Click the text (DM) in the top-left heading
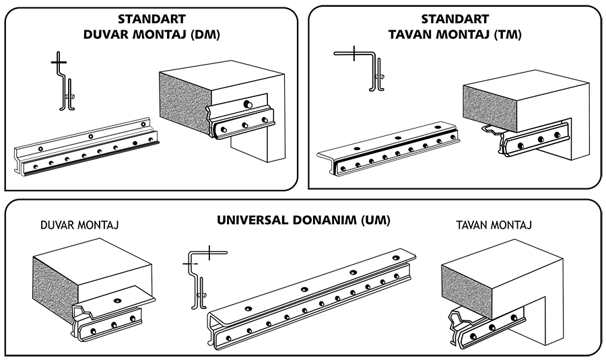click(205, 34)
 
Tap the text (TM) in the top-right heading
click(508, 34)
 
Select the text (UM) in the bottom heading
click(375, 220)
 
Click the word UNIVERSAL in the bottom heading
click(252, 220)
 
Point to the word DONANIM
click(325, 220)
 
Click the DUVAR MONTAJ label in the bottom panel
click(79, 225)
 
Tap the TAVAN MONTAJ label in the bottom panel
click(494, 225)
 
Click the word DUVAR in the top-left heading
click(106, 34)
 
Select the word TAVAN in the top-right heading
click(411, 34)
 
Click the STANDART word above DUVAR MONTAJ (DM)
click(152, 19)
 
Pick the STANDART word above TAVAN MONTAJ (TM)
click(455, 19)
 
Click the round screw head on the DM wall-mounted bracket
click(247, 104)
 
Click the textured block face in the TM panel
click(489, 108)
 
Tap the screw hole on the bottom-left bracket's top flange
click(118, 299)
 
